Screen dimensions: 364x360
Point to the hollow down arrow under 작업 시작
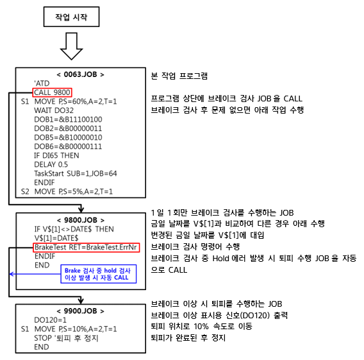[x=71, y=46]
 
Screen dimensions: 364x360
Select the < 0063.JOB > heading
[x=80, y=74]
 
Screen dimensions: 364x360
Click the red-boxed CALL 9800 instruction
[x=53, y=92]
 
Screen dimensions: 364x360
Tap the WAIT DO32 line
[x=54, y=110]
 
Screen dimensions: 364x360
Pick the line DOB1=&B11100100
[x=68, y=119]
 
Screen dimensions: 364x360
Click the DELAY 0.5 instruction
[x=51, y=164]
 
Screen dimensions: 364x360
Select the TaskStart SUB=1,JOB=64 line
[x=76, y=174]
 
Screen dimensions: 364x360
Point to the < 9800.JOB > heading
[x=81, y=220]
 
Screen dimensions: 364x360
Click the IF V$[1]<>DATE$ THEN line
[x=74, y=229]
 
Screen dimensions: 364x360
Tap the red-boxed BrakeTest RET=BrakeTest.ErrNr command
[x=86, y=247]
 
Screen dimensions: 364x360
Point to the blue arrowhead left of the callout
[x=12, y=274]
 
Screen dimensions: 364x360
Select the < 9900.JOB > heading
[x=80, y=311]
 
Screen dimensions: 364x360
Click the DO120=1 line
[x=50, y=320]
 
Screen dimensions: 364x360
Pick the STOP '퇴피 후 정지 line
[x=66, y=338]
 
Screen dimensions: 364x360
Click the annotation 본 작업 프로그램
[x=179, y=76]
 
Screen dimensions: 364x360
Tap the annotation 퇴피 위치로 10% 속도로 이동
[x=201, y=326]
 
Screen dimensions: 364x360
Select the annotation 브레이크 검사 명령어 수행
[x=195, y=246]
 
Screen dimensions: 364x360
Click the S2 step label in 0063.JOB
[x=25, y=192]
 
